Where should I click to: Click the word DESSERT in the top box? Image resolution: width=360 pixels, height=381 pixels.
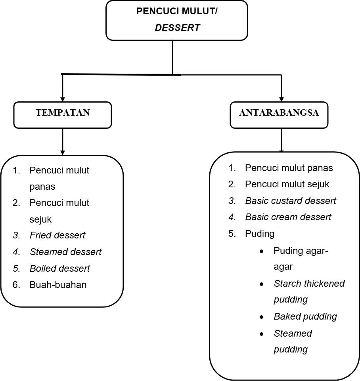[x=177, y=28]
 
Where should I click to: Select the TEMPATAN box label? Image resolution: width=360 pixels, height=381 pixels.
[x=63, y=113]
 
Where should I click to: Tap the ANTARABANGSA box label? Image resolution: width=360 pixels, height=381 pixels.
[x=279, y=113]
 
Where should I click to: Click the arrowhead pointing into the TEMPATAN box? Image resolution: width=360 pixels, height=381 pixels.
[x=63, y=99]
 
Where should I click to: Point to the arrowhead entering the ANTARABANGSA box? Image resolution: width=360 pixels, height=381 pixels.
[x=281, y=99]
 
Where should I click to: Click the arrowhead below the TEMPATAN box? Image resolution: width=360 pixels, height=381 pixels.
[x=63, y=152]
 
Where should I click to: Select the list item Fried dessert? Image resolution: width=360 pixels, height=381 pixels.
[x=57, y=235]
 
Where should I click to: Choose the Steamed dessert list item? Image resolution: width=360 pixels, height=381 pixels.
[x=66, y=252]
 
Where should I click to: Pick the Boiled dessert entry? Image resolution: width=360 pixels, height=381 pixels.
[x=60, y=269]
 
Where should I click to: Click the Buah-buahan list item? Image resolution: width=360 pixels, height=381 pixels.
[x=58, y=285]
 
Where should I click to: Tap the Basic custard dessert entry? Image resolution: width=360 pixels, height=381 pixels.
[x=291, y=201]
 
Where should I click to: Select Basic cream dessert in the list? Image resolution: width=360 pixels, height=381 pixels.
[x=288, y=217]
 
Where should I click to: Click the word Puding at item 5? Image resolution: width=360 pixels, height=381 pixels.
[x=260, y=234]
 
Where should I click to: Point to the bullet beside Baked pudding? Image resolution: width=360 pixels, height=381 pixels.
[x=262, y=317]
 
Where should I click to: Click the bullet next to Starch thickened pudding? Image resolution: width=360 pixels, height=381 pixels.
[x=262, y=284]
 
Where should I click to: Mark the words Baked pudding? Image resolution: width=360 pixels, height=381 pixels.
[x=306, y=316]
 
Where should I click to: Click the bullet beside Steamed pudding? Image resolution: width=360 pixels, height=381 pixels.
[x=262, y=334]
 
